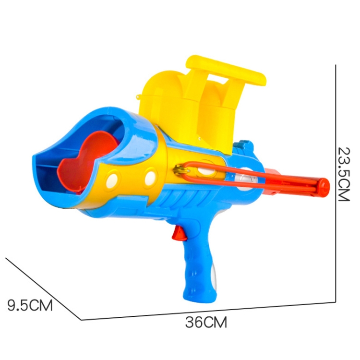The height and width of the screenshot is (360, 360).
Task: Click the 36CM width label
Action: click(206, 322)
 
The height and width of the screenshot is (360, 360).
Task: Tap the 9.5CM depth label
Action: click(30, 305)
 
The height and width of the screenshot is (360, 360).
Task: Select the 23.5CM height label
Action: click(344, 174)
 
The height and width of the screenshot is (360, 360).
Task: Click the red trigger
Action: click(179, 233)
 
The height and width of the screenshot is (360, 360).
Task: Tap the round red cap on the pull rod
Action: click(323, 188)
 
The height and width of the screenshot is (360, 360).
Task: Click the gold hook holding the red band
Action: click(181, 170)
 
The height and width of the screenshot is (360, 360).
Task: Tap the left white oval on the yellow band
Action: click(112, 180)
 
